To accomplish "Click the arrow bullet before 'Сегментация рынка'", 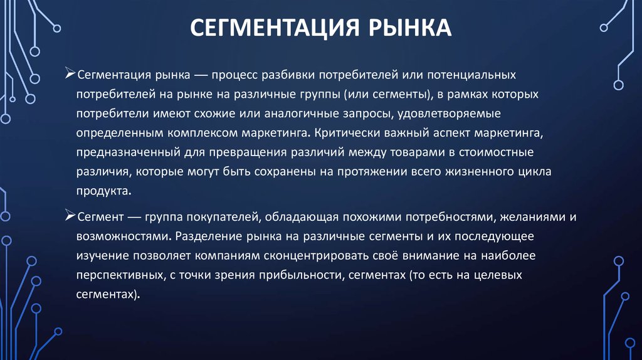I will tap(71, 75).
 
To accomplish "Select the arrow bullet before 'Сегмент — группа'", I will tap(71, 216).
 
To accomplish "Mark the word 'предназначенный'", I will tap(119, 154).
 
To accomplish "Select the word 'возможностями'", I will tap(122, 237).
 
